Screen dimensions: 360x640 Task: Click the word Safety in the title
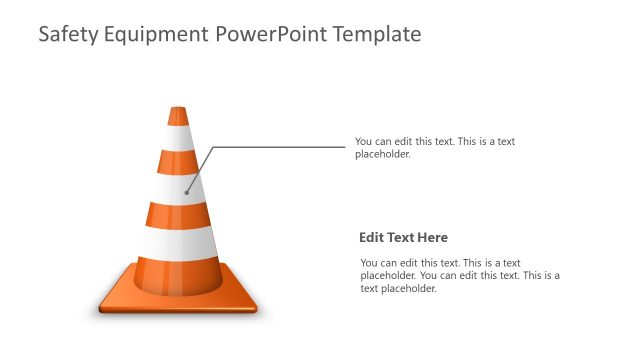[67, 35]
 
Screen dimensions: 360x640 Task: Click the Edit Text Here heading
[403, 238]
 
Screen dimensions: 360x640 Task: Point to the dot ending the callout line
[187, 191]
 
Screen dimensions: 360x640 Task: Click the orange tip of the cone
[178, 115]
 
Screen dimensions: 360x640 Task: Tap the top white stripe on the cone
[178, 139]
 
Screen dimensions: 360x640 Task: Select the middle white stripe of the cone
[178, 187]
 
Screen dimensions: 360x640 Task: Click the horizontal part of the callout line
[280, 147]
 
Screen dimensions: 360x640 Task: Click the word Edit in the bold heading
[371, 238]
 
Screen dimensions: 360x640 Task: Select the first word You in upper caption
[364, 142]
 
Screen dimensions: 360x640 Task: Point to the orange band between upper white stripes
[178, 162]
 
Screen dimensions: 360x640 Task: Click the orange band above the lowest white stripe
[178, 214]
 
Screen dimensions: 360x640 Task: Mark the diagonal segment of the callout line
[200, 169]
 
